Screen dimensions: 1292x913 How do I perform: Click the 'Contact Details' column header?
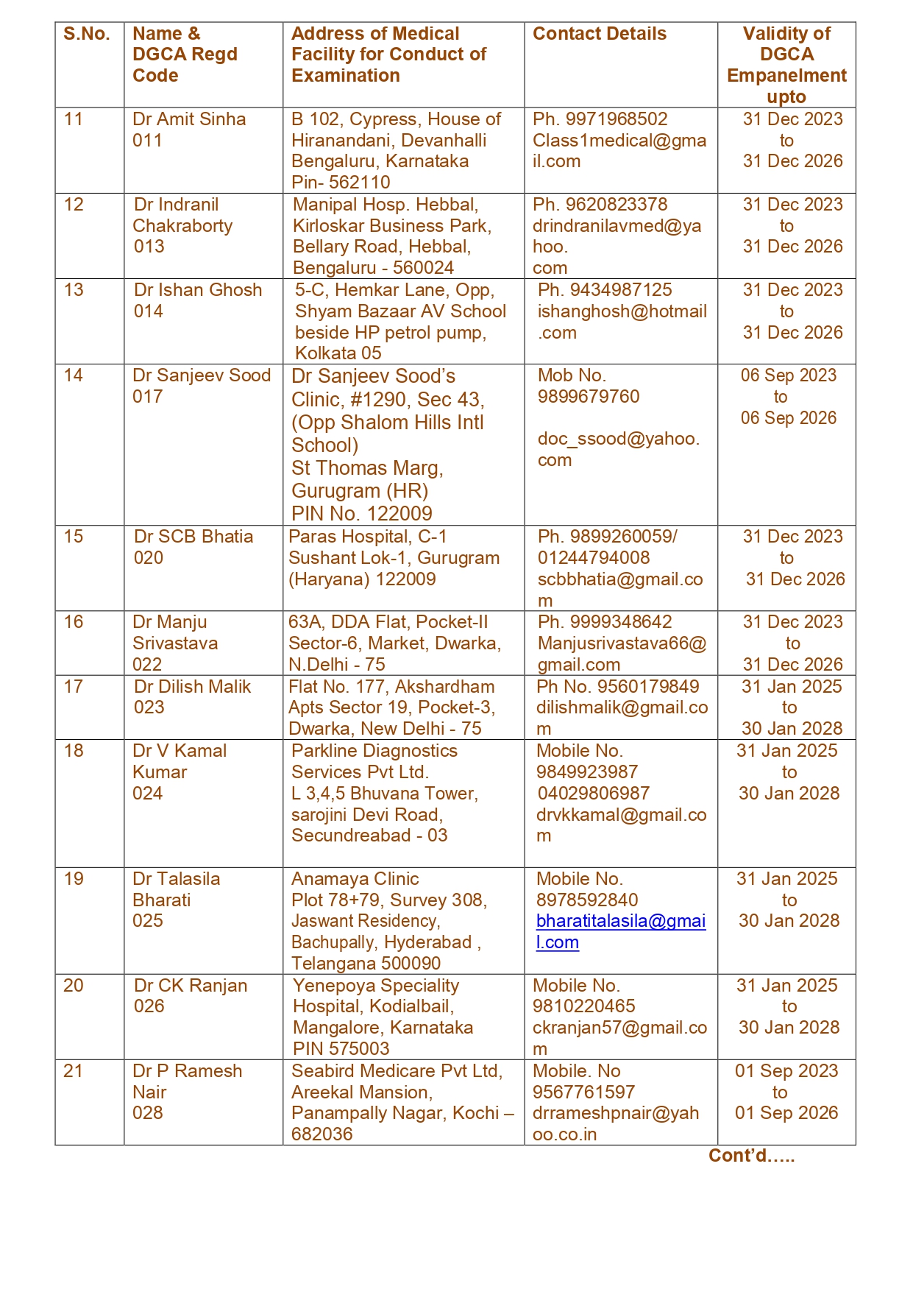599,34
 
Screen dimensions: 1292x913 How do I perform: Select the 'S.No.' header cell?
87,34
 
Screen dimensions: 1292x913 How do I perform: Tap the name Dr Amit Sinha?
189,119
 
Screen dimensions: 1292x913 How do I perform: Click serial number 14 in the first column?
74,375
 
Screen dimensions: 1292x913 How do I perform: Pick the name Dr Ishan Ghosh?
197,290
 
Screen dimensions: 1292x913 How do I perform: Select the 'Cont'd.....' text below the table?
751,1156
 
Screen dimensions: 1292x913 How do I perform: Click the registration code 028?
148,1113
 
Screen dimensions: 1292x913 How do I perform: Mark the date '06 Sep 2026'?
788,418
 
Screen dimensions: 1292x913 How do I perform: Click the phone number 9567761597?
583,1092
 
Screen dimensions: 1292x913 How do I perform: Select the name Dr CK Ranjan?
191,986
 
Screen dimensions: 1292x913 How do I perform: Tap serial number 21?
74,1071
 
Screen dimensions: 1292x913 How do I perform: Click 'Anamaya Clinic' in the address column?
355,879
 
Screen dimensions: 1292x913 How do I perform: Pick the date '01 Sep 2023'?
786,1071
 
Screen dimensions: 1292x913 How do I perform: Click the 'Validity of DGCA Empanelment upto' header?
786,65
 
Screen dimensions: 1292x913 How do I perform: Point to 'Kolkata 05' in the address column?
338,353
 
